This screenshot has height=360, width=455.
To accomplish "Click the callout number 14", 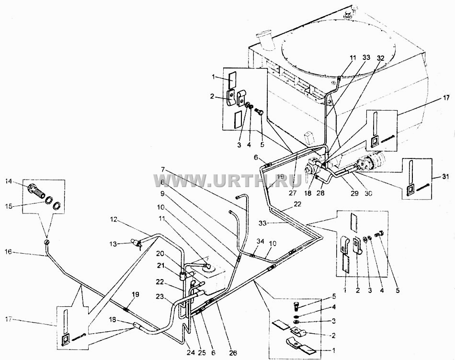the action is coord(9,182).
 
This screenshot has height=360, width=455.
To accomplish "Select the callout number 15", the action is coord(9,198).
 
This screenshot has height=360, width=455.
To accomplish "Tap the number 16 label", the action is coord(9,252).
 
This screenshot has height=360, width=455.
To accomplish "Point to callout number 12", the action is coord(113,220).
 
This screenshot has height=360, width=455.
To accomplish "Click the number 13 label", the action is coord(113,244).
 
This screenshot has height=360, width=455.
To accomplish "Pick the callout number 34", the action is coord(260,241).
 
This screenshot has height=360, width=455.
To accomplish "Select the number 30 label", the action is coord(368,193).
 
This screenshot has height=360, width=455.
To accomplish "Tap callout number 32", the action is coord(380,58).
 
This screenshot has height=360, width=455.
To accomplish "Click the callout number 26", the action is coord(233,353).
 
